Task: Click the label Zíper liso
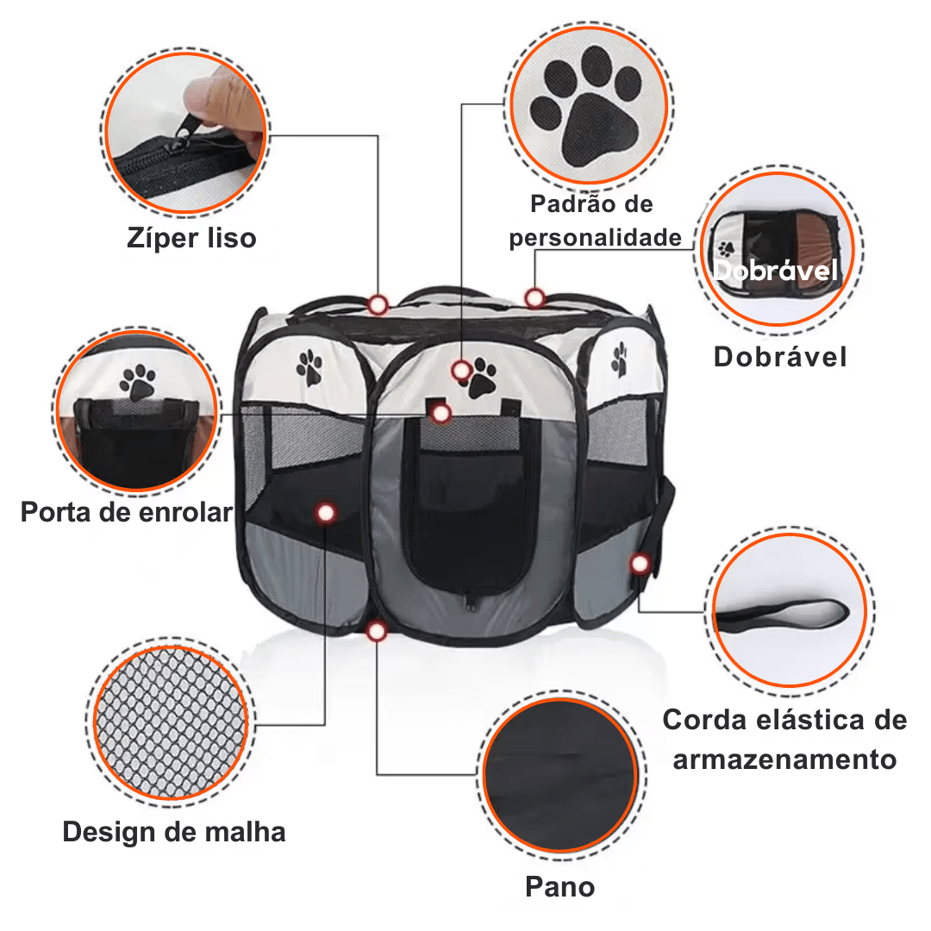click(x=191, y=239)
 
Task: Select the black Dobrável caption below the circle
click(x=780, y=357)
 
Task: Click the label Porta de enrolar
click(x=127, y=512)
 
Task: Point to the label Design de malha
click(x=174, y=833)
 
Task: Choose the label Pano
click(x=560, y=887)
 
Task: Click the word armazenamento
click(x=784, y=760)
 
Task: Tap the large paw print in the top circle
click(x=586, y=107)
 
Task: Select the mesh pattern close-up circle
click(x=171, y=722)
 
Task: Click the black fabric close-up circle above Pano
click(x=560, y=776)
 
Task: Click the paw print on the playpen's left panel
click(x=309, y=367)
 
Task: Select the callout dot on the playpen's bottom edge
click(x=377, y=631)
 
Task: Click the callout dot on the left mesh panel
click(x=325, y=513)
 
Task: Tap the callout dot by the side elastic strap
click(x=640, y=564)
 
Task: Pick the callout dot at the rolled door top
click(x=441, y=414)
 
